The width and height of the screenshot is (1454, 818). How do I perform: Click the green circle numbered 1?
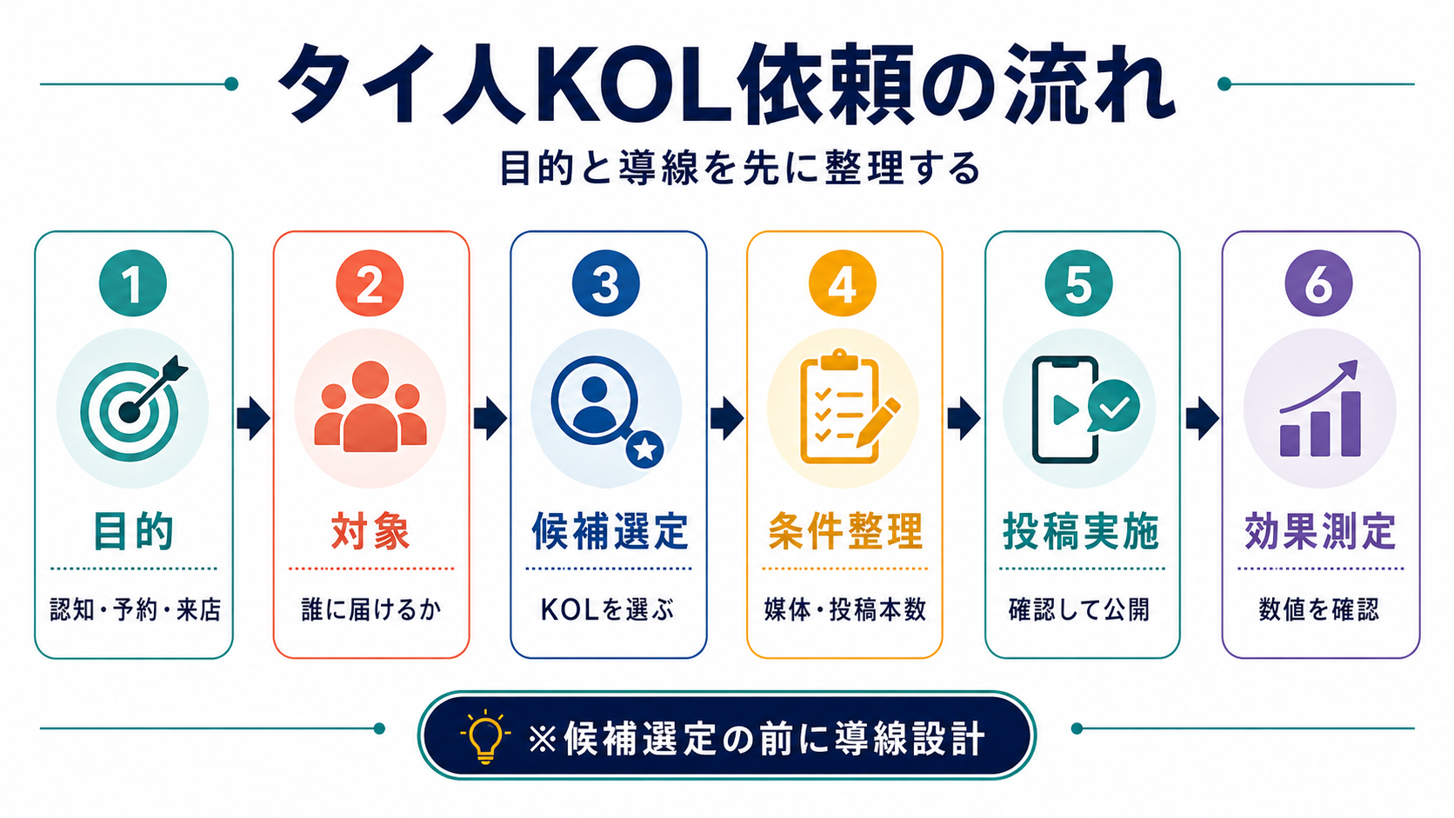point(133,283)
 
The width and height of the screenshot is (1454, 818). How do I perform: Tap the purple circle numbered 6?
point(1318,283)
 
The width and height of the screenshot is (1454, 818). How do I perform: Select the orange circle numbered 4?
point(843,283)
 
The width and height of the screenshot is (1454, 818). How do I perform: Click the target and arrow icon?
point(133,409)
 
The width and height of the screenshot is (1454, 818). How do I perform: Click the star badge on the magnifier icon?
point(644,449)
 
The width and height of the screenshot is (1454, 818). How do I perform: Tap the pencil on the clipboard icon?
point(878,422)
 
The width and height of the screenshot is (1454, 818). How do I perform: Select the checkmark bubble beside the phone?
point(1114,406)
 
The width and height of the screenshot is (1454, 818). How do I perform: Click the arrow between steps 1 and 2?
point(253,419)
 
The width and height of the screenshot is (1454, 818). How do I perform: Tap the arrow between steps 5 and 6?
point(1202,419)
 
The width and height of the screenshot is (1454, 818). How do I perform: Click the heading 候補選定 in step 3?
point(609,531)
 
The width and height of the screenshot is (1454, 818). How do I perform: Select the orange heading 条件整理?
point(845,531)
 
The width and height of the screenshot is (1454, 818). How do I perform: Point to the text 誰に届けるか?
point(370,609)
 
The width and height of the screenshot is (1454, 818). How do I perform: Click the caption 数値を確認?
point(1318,609)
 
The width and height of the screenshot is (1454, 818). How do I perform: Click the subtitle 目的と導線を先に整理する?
point(739,168)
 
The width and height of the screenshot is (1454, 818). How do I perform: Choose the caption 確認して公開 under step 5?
point(1079,609)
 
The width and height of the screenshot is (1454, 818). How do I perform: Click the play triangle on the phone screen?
point(1065,409)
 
